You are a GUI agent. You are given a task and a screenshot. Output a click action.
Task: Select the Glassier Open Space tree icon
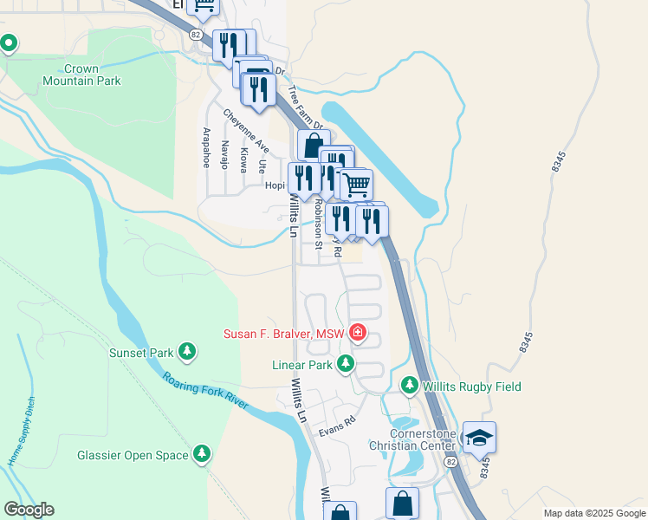tap(202, 453)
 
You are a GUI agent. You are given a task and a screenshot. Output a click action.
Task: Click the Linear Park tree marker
tap(346, 364)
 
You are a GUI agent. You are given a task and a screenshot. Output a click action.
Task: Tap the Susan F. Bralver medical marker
tap(357, 333)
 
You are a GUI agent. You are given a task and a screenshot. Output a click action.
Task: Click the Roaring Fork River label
tap(204, 391)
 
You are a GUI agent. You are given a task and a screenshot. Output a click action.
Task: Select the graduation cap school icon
tap(479, 439)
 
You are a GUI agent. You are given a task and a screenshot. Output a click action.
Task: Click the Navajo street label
tap(224, 154)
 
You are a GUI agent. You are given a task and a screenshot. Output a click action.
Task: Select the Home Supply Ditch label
tap(22, 440)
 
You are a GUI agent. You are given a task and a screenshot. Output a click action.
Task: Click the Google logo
tap(29, 510)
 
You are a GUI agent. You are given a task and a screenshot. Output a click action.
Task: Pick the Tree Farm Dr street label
tap(304, 107)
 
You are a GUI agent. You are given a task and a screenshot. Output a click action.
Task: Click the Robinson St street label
tap(318, 224)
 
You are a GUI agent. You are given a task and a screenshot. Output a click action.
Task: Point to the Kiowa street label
tap(243, 159)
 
